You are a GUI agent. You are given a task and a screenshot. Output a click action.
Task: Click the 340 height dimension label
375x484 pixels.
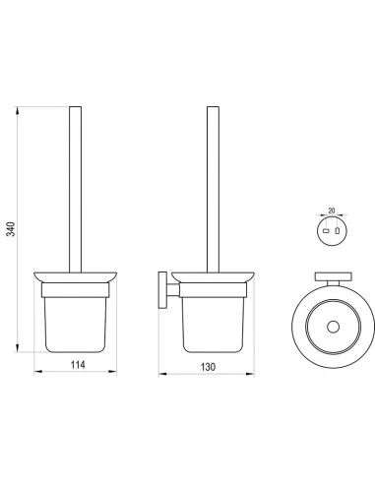point(11,229)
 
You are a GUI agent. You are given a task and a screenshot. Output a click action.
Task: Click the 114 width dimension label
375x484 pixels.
point(78,364)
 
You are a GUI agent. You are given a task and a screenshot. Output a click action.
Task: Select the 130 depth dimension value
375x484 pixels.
point(208,367)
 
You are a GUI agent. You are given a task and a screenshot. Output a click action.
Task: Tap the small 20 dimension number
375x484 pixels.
point(332,211)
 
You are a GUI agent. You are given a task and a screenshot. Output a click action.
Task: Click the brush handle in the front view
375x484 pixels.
point(76,190)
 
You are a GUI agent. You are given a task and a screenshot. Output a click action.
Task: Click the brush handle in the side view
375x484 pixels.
point(213,190)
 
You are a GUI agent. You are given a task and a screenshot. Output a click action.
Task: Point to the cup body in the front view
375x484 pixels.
point(75,325)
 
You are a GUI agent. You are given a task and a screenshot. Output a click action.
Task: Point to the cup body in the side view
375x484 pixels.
point(213,325)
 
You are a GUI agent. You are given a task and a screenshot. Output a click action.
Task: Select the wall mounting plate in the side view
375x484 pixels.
point(162,290)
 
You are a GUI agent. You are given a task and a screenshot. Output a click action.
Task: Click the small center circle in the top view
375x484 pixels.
point(333,328)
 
